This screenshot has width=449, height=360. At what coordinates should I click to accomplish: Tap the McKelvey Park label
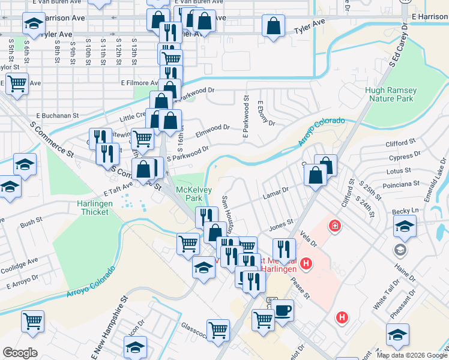tap(189, 193)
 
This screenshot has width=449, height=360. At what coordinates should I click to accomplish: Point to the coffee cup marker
tap(282, 310)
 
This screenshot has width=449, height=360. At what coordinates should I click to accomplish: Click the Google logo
tap(20, 353)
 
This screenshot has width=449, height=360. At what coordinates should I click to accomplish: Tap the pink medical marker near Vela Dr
tap(333, 226)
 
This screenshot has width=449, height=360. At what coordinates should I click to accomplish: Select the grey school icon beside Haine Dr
tap(399, 249)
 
